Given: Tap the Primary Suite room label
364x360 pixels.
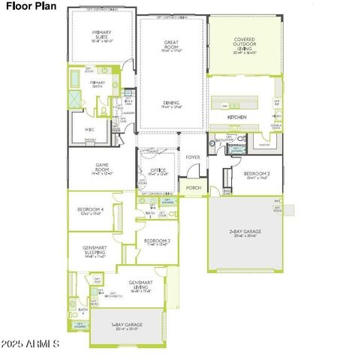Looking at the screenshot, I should (x=101, y=36).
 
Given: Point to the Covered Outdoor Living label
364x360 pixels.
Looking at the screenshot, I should (x=244, y=45).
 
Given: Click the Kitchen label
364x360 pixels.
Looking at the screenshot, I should (x=237, y=118).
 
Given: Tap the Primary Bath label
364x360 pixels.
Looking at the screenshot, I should (x=98, y=85).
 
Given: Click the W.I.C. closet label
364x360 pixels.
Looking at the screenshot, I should (x=89, y=128).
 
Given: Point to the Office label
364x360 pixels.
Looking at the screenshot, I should (x=158, y=172).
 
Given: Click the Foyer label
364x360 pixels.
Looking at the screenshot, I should (x=193, y=157).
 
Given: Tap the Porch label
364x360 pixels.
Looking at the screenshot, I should (x=194, y=187).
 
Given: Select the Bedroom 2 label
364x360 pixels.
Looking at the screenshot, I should (x=257, y=175).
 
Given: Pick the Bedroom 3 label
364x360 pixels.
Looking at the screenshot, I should (x=158, y=242).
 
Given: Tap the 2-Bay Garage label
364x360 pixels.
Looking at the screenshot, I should (x=245, y=232).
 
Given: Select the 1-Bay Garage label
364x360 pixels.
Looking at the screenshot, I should (x=127, y=325).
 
